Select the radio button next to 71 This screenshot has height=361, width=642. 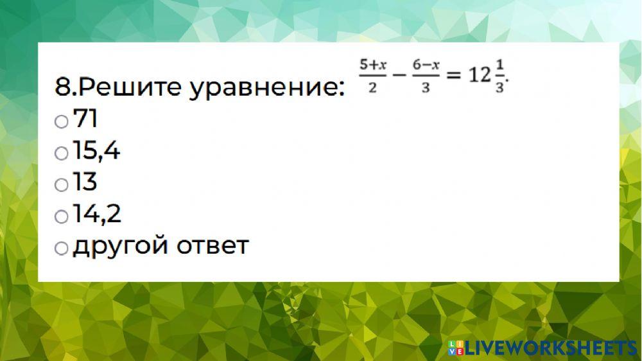pyautogui.click(x=61, y=121)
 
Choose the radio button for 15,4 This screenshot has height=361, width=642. pyautogui.click(x=61, y=153)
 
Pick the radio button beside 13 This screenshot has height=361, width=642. pyautogui.click(x=61, y=185)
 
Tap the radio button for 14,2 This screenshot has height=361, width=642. pyautogui.click(x=61, y=216)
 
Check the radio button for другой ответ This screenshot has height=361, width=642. pyautogui.click(x=61, y=249)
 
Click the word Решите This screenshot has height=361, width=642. pyautogui.click(x=128, y=87)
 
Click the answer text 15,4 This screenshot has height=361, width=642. pyautogui.click(x=96, y=152)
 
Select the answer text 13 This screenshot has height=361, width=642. pyautogui.click(x=85, y=182)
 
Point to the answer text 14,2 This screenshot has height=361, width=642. pyautogui.click(x=97, y=214)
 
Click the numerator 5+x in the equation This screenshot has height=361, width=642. pyautogui.click(x=373, y=64)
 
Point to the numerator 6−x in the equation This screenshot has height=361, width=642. pyautogui.click(x=426, y=64)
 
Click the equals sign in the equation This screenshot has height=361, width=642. pyautogui.click(x=454, y=76)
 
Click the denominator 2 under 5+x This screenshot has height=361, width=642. pyautogui.click(x=372, y=88)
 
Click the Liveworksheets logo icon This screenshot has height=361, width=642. pyautogui.click(x=456, y=348)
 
